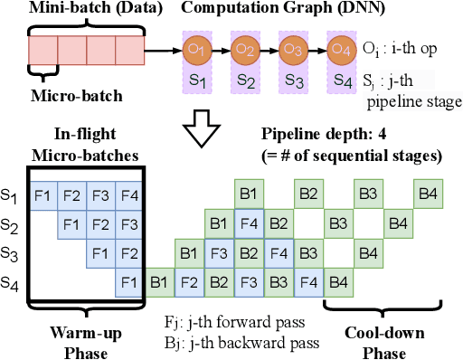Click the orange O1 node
pyautogui.click(x=196, y=48)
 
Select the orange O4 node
pyautogui.click(x=343, y=48)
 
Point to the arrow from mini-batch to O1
pyautogui.click(x=164, y=48)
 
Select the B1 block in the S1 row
pyautogui.click(x=248, y=194)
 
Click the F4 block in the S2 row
pyautogui.click(x=248, y=223)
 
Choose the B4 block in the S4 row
pyautogui.click(x=338, y=283)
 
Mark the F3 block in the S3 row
pyautogui.click(x=219, y=253)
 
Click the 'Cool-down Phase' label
pyautogui.click(x=377, y=339)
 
